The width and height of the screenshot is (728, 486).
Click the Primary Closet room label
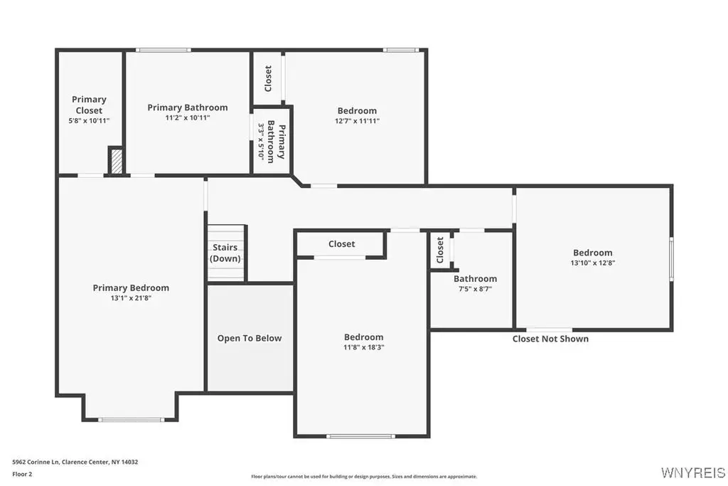pos(89,105)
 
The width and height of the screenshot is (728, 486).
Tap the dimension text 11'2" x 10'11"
pos(188,118)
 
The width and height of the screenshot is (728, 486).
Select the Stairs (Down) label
pos(225,253)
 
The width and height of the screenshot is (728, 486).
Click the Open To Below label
pos(250,338)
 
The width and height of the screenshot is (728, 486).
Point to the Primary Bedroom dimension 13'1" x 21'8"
pos(131,298)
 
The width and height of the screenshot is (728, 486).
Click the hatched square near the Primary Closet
pos(117,161)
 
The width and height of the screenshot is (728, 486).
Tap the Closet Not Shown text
pos(551,339)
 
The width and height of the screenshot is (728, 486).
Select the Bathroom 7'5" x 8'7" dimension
pos(476,289)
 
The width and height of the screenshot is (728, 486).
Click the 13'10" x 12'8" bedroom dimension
pos(593,263)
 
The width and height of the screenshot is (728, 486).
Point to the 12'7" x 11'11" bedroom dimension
pos(358,121)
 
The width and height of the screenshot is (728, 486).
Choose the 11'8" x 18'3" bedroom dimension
pos(364,347)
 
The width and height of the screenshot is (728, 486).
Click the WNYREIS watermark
pos(693,472)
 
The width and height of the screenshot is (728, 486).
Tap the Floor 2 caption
pos(22,475)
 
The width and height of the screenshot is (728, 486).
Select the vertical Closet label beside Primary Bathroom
pos(268,78)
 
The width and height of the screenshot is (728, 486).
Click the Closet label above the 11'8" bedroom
pos(342,244)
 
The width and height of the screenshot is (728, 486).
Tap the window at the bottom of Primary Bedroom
pos(131,420)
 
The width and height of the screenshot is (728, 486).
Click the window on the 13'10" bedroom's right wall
pos(671,259)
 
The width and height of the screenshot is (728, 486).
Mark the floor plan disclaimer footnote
pos(364,476)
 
